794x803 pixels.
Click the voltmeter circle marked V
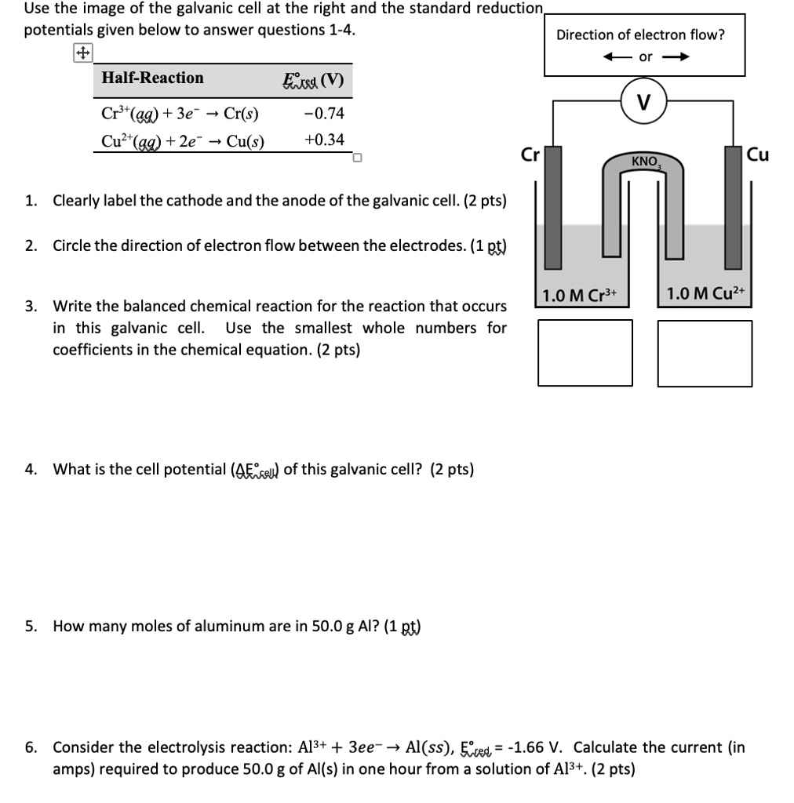[x=643, y=102]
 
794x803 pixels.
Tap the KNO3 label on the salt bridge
[x=646, y=162]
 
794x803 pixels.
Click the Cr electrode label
[x=530, y=154]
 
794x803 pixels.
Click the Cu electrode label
[x=758, y=154]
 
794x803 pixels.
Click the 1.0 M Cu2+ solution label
[x=705, y=295]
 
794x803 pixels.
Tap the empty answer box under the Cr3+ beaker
[x=585, y=353]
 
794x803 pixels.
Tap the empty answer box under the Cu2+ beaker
[x=705, y=353]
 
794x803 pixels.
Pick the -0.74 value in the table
[x=322, y=114]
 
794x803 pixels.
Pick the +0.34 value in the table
[x=322, y=140]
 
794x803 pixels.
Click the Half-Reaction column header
[x=152, y=78]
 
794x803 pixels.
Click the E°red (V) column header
[x=312, y=80]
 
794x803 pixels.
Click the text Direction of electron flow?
[x=640, y=35]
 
